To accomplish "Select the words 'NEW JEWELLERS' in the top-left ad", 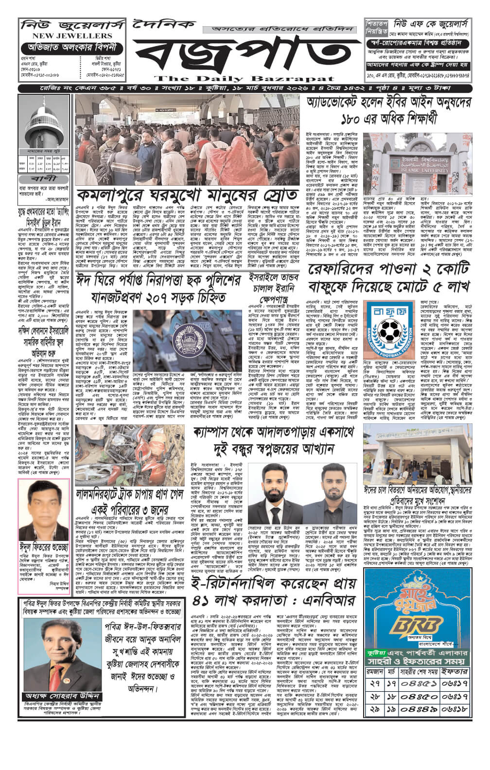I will tap(67, 36).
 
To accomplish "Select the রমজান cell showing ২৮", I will tap(375, 696).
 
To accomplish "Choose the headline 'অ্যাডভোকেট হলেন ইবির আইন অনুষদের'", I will tap(389, 103).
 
